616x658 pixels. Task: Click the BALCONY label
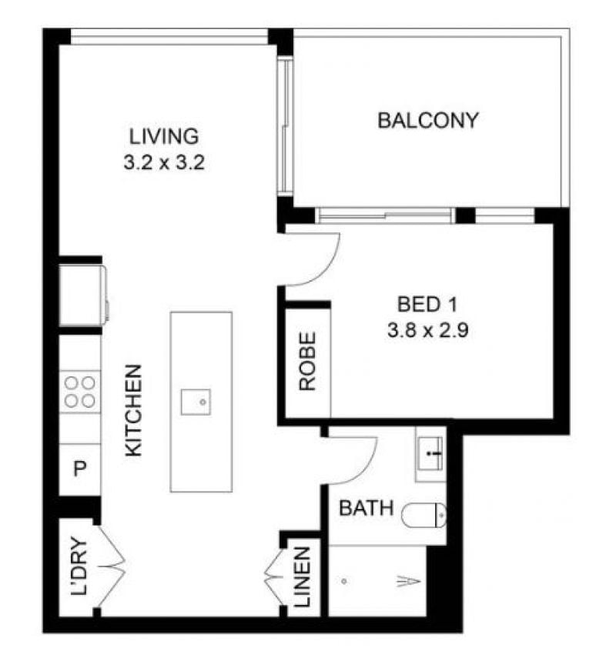pyautogui.click(x=428, y=120)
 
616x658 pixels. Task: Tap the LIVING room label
pyautogui.click(x=164, y=137)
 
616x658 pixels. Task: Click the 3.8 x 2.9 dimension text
pyautogui.click(x=427, y=331)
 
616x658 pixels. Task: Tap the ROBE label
pyautogui.click(x=307, y=361)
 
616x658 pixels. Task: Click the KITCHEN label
pyautogui.click(x=134, y=410)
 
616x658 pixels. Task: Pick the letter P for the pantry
pyautogui.click(x=80, y=469)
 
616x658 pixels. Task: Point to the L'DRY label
pyautogui.click(x=79, y=566)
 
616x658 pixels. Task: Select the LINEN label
pyautogui.click(x=302, y=577)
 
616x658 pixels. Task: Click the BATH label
pyautogui.click(x=367, y=508)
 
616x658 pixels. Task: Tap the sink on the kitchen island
pyautogui.click(x=196, y=402)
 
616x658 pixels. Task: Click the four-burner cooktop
pyautogui.click(x=80, y=392)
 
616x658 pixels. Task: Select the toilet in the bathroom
pyautogui.click(x=423, y=515)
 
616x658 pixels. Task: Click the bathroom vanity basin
pyautogui.click(x=430, y=453)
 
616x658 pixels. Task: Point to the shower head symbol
pyautogui.click(x=409, y=581)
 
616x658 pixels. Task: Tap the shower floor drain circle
pyautogui.click(x=344, y=581)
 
